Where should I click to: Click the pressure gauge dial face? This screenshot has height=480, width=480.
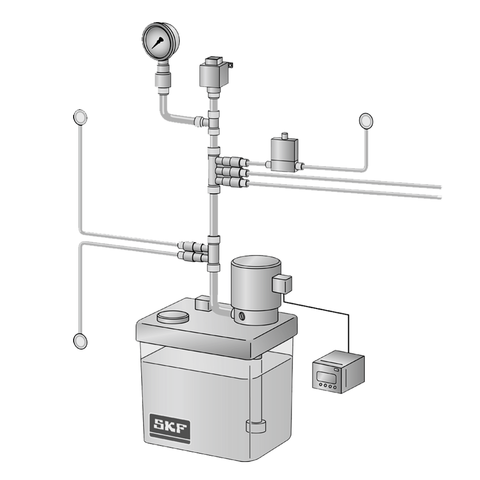[x=159, y=41]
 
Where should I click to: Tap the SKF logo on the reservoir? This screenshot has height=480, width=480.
[x=169, y=427]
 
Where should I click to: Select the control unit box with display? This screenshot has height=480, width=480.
[x=338, y=372]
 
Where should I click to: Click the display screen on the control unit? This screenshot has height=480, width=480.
[x=324, y=375]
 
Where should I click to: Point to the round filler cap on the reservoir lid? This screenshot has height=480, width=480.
[x=173, y=317]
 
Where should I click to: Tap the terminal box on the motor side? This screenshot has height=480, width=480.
[x=282, y=284]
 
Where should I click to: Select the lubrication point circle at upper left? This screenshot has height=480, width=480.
[x=80, y=117]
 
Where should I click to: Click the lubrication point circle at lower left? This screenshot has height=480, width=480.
[x=80, y=341]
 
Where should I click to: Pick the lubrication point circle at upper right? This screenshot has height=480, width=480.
[x=366, y=121]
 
